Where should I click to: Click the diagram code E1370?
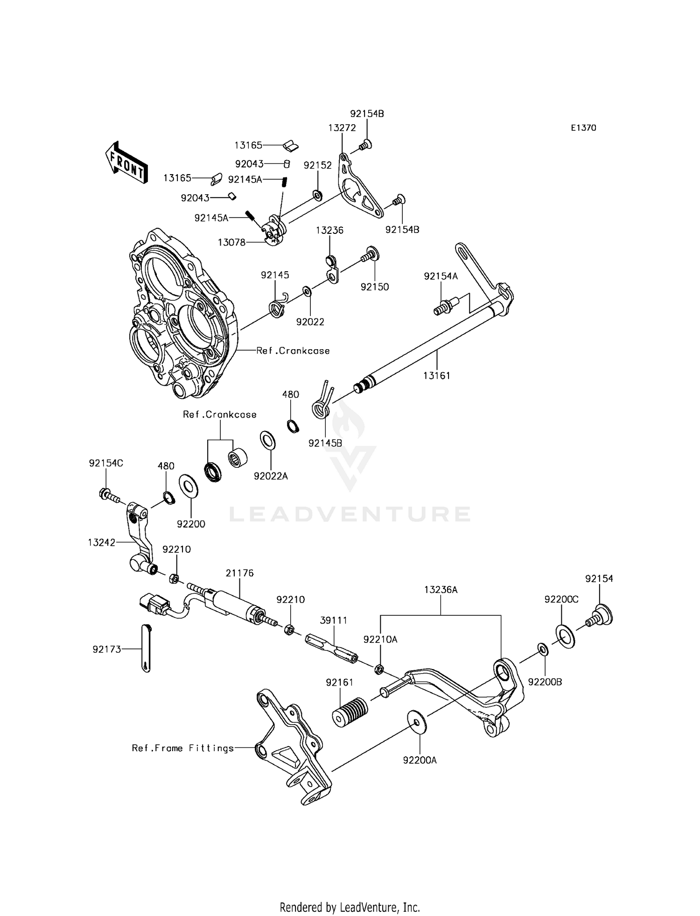[x=583, y=128]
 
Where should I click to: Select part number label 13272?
[x=342, y=128]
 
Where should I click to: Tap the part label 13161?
[x=437, y=375]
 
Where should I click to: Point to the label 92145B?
[x=325, y=443]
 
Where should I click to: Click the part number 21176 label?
[x=239, y=573]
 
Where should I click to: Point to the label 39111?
[x=333, y=620]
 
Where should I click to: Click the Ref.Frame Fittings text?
[x=182, y=748]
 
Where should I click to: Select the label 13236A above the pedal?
[x=441, y=590]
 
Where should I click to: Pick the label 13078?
[x=231, y=242]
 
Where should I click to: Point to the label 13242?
[x=101, y=543]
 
